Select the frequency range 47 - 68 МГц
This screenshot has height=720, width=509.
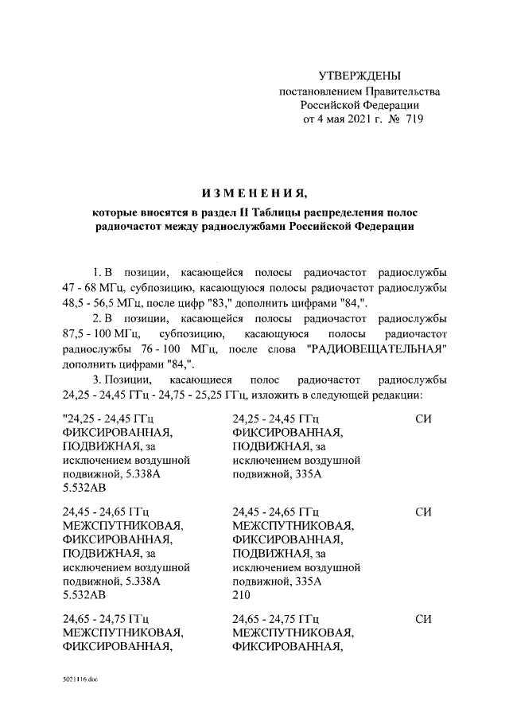click(94, 286)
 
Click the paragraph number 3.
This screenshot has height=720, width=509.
click(96, 379)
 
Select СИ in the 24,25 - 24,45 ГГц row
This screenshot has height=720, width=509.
click(423, 418)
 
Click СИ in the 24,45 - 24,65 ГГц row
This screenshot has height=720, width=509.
click(423, 512)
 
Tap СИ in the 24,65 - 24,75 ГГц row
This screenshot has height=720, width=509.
click(423, 618)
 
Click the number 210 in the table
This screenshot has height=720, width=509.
click(241, 595)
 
